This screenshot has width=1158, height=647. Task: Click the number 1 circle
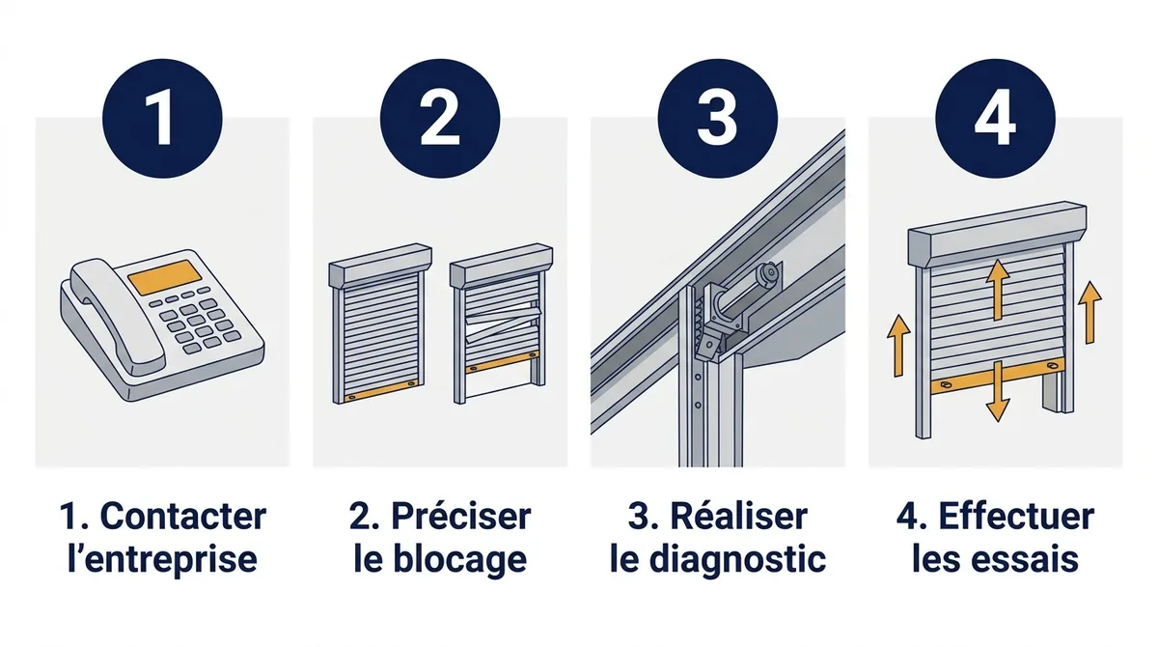[x=162, y=119]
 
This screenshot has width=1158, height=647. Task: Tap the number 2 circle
[x=440, y=119]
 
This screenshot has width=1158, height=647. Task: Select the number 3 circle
[x=718, y=119]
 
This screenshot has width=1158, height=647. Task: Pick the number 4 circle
[x=995, y=119]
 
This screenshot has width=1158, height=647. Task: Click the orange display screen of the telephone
[x=164, y=277]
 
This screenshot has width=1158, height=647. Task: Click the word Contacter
[x=183, y=517]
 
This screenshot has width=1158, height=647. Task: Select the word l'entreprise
[x=162, y=559]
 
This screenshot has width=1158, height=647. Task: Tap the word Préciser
[x=461, y=517]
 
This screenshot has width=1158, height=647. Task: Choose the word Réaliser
[x=739, y=517]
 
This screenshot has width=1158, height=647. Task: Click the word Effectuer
[x=1016, y=517]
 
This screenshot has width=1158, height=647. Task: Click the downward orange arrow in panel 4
[x=997, y=391]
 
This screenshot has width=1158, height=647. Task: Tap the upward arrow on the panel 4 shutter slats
[x=998, y=290]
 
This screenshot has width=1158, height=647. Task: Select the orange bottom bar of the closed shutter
[x=381, y=390]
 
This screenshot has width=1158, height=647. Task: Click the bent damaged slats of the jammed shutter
[x=504, y=324]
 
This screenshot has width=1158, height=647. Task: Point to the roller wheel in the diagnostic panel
[x=768, y=274]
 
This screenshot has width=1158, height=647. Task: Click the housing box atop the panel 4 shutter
[x=997, y=234]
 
